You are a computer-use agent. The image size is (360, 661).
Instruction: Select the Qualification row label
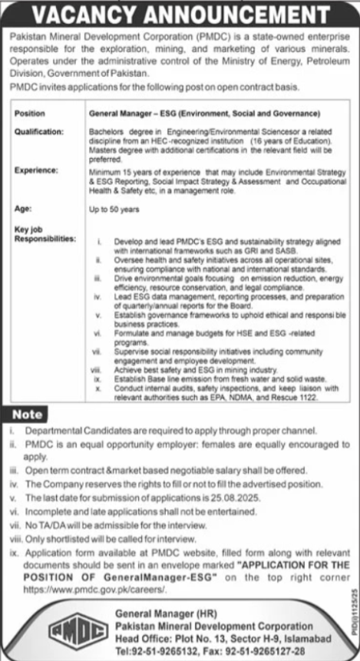click(x=39, y=131)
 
